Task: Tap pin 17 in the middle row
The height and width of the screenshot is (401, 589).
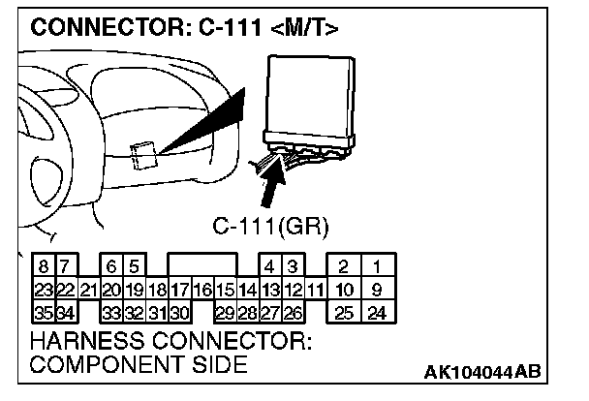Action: [x=179, y=289]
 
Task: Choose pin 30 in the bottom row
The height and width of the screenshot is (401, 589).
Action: [x=179, y=312]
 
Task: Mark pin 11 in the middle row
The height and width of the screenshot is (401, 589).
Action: [x=314, y=289]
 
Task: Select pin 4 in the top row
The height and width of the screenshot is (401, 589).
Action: [x=271, y=265]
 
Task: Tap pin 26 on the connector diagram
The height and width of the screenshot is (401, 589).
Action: [x=293, y=312]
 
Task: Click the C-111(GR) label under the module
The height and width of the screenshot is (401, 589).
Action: [x=271, y=228]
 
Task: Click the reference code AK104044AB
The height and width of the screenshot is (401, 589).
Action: [x=482, y=373]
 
